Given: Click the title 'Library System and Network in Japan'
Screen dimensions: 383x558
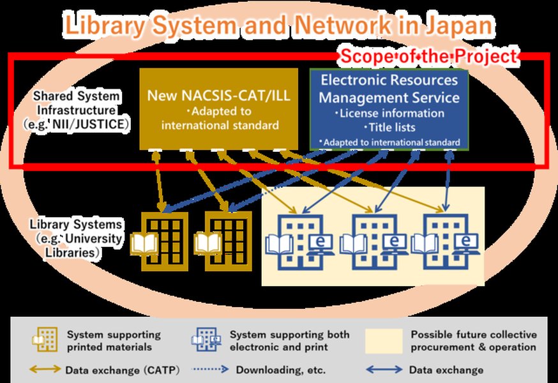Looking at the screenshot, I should (279, 25).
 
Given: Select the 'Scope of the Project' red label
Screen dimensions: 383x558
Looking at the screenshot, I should (427, 56).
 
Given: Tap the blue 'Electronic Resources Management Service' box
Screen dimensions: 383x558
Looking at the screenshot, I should (389, 109).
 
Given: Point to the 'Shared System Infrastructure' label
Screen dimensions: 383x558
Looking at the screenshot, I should (77, 109).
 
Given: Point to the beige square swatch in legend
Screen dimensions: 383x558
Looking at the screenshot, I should (384, 341).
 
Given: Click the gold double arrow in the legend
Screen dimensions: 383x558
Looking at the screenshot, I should (44, 369).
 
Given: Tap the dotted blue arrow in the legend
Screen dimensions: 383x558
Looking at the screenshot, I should (210, 369).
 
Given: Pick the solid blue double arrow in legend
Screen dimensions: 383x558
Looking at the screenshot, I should (384, 369).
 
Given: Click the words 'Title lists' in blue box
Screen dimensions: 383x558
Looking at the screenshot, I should (388, 127).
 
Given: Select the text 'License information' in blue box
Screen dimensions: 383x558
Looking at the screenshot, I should (389, 113).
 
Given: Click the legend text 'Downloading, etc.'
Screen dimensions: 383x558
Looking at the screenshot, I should (281, 369).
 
